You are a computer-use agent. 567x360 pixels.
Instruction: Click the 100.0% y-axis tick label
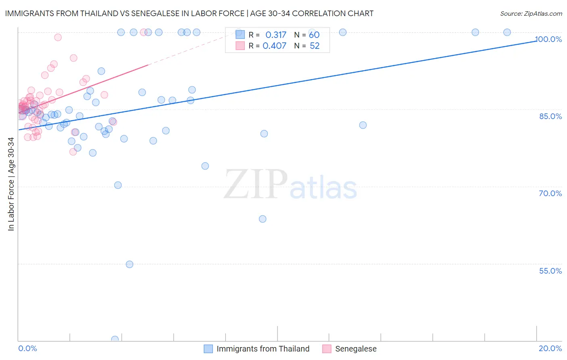(548, 39)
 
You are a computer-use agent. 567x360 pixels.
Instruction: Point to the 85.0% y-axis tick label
(550, 116)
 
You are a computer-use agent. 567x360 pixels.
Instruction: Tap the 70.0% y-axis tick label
(550, 193)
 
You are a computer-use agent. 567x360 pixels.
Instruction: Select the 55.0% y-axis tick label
(550, 271)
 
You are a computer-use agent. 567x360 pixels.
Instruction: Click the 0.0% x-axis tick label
(27, 348)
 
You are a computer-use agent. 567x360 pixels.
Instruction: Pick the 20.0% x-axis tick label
(550, 348)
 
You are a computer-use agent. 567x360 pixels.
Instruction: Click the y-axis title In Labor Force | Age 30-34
(11, 184)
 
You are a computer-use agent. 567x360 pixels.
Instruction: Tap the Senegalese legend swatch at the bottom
(327, 349)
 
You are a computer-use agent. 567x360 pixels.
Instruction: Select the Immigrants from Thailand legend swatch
(208, 349)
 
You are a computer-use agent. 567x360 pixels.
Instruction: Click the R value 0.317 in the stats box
(275, 35)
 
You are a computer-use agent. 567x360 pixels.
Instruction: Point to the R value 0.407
(274, 46)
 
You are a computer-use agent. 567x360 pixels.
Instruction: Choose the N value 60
(314, 35)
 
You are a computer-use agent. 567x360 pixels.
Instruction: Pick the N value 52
(315, 46)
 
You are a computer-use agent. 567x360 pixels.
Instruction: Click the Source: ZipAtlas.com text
(531, 14)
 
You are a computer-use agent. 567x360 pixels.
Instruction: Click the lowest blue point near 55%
(129, 264)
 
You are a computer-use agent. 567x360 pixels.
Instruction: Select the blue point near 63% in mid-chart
(263, 219)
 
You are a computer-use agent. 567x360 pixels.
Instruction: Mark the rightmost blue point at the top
(507, 32)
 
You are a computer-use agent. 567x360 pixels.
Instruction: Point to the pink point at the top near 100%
(144, 32)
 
